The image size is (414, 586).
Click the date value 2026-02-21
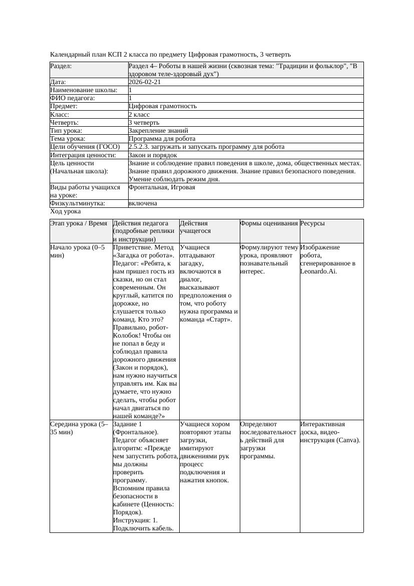[x=145, y=82]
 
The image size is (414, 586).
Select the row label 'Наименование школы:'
[x=84, y=90]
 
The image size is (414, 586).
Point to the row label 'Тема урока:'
[x=68, y=139]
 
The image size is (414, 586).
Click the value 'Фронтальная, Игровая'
[x=162, y=187]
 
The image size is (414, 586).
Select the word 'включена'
[x=143, y=203]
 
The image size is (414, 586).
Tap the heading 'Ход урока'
[x=66, y=211]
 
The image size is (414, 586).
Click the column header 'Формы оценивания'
[x=269, y=223]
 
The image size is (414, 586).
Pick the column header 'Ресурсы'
[x=312, y=223]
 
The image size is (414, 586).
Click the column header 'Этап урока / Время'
[x=80, y=223]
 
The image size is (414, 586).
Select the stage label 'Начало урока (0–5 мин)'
[x=78, y=251]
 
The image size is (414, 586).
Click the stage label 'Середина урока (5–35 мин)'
[x=79, y=428]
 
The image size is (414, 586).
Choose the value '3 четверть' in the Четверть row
[x=144, y=122]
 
